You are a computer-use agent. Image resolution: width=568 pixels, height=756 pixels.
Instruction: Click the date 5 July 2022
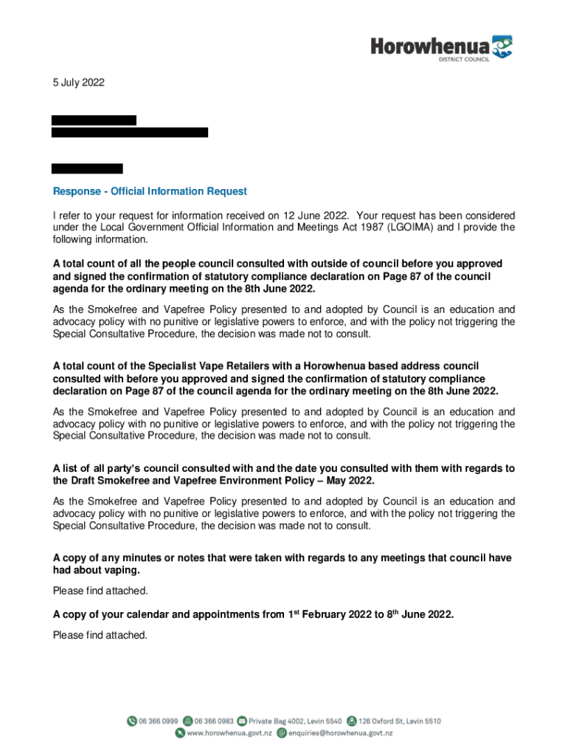pyautogui.click(x=78, y=83)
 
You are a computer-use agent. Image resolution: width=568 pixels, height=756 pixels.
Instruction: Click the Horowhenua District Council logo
pyautogui.click(x=440, y=49)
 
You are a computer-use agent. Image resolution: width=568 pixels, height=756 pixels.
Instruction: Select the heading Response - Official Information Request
pyautogui.click(x=150, y=191)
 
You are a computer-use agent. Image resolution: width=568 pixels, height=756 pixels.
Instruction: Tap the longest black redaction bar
pyautogui.click(x=129, y=133)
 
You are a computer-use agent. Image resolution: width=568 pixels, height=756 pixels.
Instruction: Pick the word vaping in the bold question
pyautogui.click(x=121, y=571)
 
